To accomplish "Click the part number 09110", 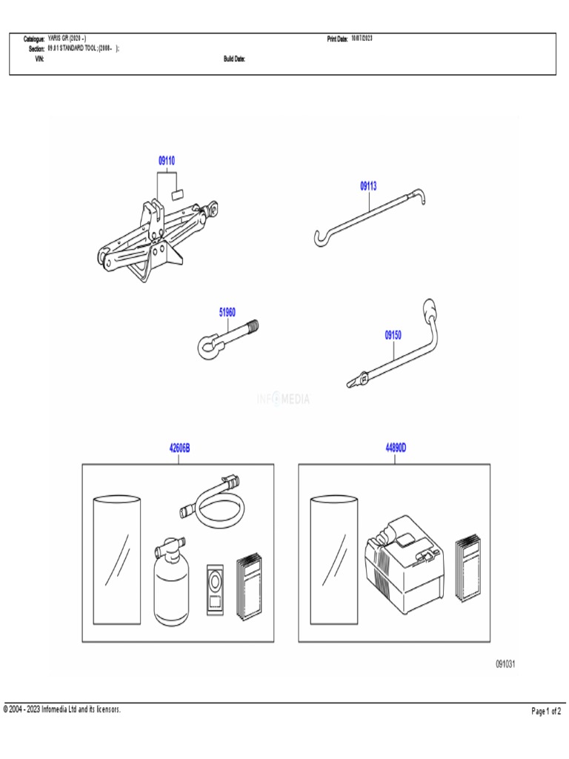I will (166, 161).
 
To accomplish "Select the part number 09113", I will (368, 187).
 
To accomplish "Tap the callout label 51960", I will (227, 313).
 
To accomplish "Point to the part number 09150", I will (393, 336).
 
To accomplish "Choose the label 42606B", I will (179, 448).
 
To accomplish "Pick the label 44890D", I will (396, 448).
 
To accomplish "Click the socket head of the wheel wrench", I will (430, 308).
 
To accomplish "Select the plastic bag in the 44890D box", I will (334, 560).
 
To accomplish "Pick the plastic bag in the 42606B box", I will (118, 560).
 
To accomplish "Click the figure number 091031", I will (505, 664).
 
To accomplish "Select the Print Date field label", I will (337, 39).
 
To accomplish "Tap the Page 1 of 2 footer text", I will (546, 712).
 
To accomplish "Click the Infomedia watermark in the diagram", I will (284, 400).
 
